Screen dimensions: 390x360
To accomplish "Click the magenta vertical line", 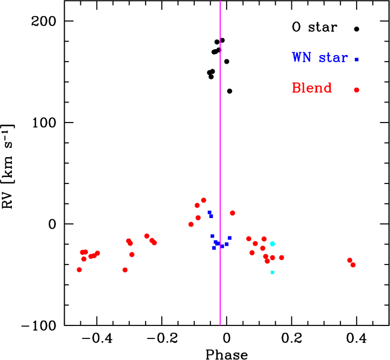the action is click(220, 163).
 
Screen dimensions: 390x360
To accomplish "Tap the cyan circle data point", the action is click(272, 244).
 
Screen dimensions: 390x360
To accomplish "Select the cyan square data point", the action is click(272, 273).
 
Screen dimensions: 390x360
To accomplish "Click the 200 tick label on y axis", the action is click(44, 22).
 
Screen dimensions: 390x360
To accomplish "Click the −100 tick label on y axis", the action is click(39, 326).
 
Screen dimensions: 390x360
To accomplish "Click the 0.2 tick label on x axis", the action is click(292, 338).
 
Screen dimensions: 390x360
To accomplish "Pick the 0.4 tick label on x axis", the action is click(356, 338).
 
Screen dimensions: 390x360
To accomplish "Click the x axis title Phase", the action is click(227, 355).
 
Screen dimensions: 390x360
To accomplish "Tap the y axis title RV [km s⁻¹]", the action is click(8, 166).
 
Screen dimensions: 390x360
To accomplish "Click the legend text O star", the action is click(314, 27).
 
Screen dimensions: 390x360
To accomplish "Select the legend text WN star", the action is click(320, 57).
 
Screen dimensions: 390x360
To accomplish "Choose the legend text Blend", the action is click(312, 88).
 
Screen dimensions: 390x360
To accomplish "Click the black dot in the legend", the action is click(357, 29).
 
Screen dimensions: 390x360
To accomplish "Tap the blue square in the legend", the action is click(357, 59).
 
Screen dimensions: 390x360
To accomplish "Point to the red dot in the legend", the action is click(357, 90).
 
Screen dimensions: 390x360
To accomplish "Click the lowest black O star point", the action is click(230, 91).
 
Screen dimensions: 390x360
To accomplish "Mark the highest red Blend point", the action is click(204, 200).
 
